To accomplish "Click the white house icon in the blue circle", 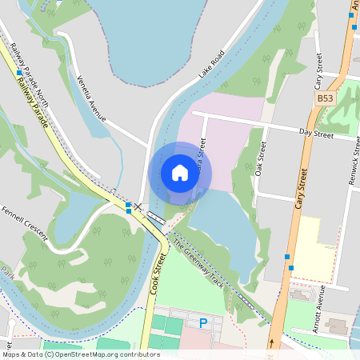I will point(180,173).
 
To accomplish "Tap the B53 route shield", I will point(324,98).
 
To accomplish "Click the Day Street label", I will point(314,131).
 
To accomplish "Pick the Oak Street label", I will point(259,160).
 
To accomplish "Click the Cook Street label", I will point(157,274).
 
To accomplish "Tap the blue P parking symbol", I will point(203,323).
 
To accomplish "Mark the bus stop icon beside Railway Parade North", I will point(18,73).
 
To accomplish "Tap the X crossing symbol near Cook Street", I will point(137,206).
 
